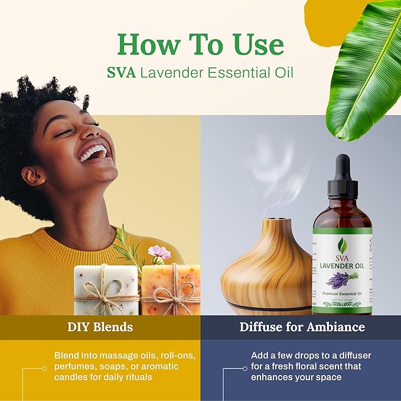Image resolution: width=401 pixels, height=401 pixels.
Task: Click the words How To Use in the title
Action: coord(200,45)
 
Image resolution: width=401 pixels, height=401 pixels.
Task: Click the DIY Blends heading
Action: coord(100,327)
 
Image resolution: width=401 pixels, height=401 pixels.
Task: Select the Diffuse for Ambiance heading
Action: coord(302,327)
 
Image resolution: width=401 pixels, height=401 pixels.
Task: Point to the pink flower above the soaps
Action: coord(159,253)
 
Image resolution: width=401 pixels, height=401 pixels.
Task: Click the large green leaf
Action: coord(363,71)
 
